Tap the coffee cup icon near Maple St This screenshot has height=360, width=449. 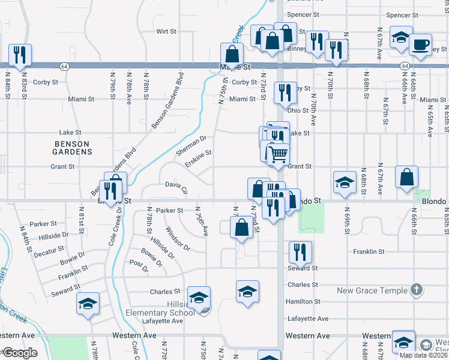(x=420, y=44)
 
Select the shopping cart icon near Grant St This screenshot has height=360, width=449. (x=278, y=155)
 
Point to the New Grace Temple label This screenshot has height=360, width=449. (x=372, y=291)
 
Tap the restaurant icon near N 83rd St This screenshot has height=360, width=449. (x=19, y=55)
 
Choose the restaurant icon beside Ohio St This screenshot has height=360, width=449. (x=285, y=92)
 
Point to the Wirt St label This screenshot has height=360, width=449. (x=166, y=31)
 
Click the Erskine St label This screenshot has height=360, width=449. (x=198, y=158)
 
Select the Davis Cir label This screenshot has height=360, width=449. (x=176, y=187)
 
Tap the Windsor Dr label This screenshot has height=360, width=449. (x=178, y=238)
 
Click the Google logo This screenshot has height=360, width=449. (x=20, y=353)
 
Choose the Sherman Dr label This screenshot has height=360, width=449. (x=191, y=145)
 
